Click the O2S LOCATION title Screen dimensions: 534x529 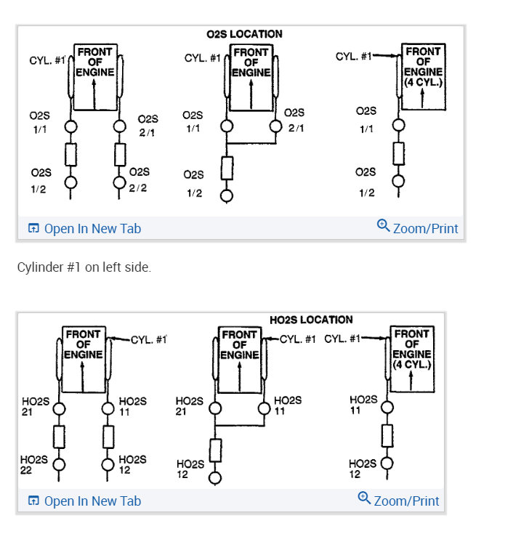tap(245, 34)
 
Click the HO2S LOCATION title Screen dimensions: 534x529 tap(311, 320)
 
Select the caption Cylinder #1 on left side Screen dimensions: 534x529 tap(84, 267)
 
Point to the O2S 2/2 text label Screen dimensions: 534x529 tap(139, 179)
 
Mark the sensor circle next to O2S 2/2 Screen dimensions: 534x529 tap(120, 182)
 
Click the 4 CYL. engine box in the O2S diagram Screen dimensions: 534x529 tap(423, 77)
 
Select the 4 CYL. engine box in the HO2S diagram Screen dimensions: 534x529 tap(412, 358)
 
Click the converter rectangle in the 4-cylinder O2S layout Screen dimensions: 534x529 tap(397, 154)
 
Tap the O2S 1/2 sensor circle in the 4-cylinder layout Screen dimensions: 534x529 tap(397, 182)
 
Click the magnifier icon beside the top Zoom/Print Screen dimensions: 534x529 tap(383, 226)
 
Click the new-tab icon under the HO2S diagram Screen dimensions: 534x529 tap(33, 501)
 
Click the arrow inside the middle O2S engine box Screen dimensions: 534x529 tap(251, 93)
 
